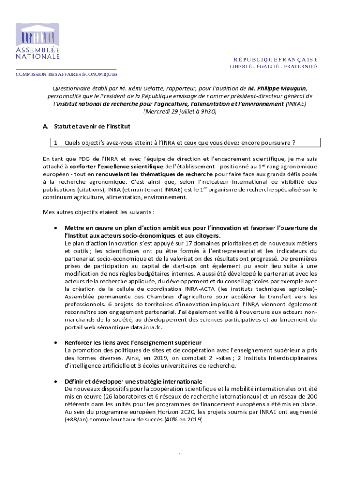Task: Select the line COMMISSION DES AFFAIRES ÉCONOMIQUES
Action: pos(67,74)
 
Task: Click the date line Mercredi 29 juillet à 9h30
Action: pos(180,112)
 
